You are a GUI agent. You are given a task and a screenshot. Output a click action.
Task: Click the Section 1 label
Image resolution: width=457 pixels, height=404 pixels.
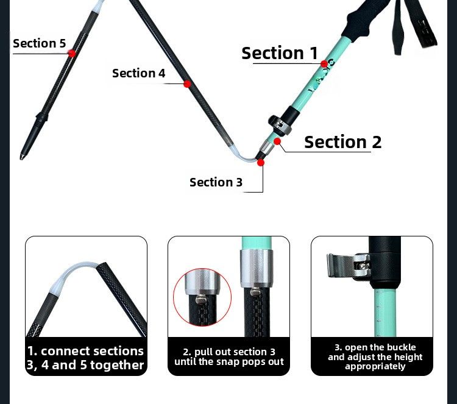click(x=280, y=53)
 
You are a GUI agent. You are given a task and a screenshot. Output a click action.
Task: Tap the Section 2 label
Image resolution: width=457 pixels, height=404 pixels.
click(x=342, y=142)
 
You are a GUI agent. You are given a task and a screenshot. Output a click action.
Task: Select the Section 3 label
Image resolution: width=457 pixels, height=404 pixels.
click(x=216, y=182)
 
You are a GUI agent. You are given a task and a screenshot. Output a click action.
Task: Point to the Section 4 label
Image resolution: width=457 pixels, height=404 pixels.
click(x=139, y=73)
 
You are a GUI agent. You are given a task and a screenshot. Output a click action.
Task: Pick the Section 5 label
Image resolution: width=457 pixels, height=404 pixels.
click(x=40, y=43)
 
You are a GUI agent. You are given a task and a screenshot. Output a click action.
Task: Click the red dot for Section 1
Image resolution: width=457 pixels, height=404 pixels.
click(x=324, y=64)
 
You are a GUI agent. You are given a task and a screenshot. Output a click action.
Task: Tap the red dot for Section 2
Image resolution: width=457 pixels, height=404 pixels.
click(x=277, y=141)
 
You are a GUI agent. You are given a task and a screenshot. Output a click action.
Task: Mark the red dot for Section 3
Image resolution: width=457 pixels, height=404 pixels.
click(x=261, y=162)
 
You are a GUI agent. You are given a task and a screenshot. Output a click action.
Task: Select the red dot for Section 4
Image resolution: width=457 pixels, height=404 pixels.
click(x=188, y=84)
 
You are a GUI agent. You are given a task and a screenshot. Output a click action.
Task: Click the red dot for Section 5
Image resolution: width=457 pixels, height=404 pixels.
click(x=72, y=54)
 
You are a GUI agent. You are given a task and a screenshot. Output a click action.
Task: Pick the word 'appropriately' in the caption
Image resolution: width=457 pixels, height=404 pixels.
click(x=375, y=367)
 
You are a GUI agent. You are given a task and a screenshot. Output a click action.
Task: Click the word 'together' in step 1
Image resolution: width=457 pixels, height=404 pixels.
click(x=117, y=366)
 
